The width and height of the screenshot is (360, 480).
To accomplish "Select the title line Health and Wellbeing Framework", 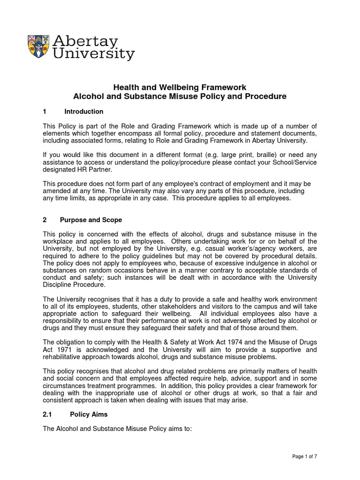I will pos(180,88).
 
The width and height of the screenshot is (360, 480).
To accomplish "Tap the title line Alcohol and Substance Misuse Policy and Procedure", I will pos(180,97).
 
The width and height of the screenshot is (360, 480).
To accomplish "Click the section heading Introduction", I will pos(84,112).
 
